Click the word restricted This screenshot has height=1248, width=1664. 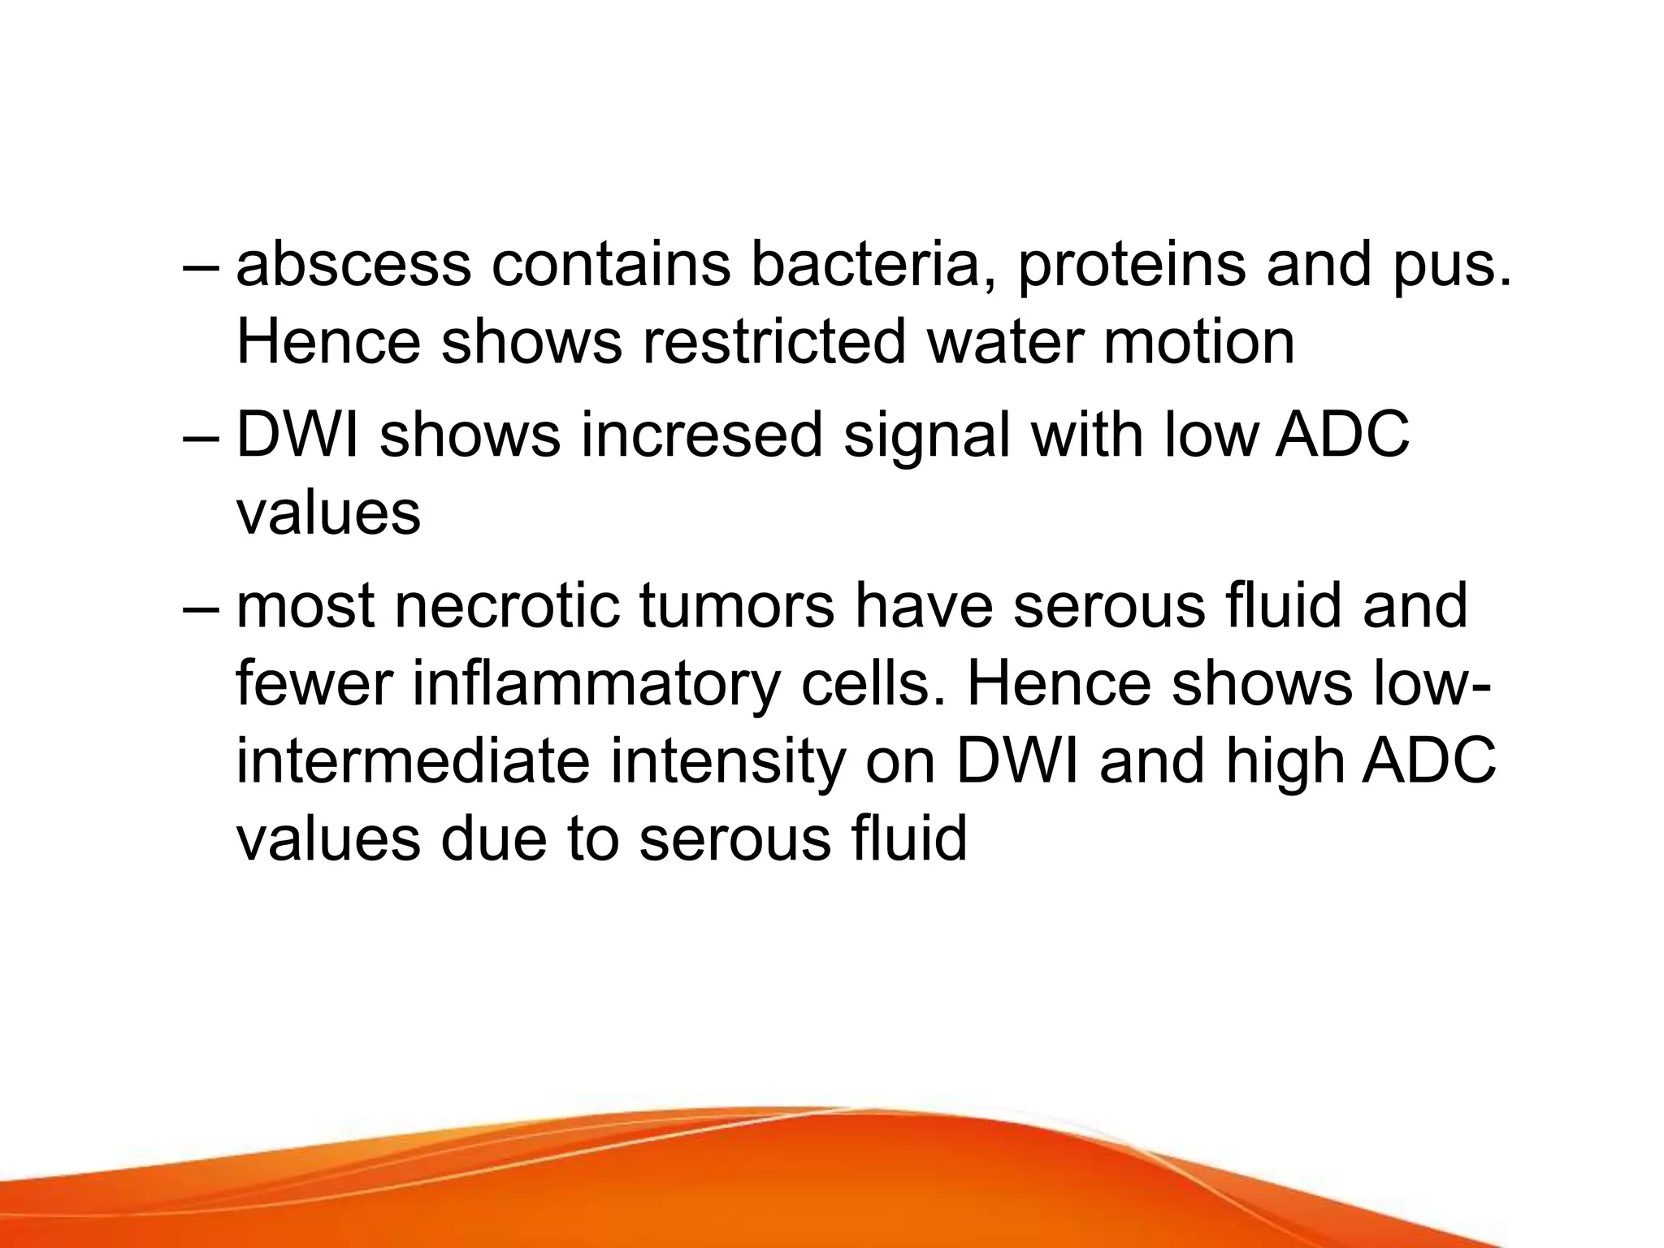(x=774, y=342)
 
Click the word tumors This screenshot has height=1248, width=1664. (x=737, y=606)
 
